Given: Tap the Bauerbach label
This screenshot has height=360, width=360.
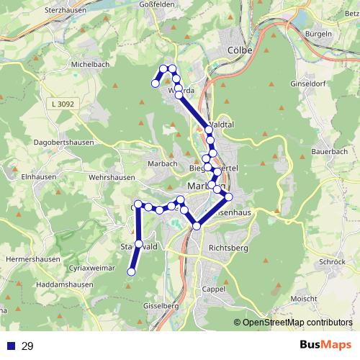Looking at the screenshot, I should pos(330,152).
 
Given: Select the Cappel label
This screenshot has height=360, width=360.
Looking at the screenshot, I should pos(214,289).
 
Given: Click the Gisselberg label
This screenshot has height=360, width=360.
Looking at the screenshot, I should pos(161,305).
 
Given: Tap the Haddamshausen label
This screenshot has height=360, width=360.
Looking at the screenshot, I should pos(64,284).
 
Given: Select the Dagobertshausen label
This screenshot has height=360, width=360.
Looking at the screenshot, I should pos(63,143).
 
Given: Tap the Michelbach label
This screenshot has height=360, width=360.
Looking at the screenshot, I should pos(89,64).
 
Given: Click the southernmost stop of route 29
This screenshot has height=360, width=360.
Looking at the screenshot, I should pos(131,271).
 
